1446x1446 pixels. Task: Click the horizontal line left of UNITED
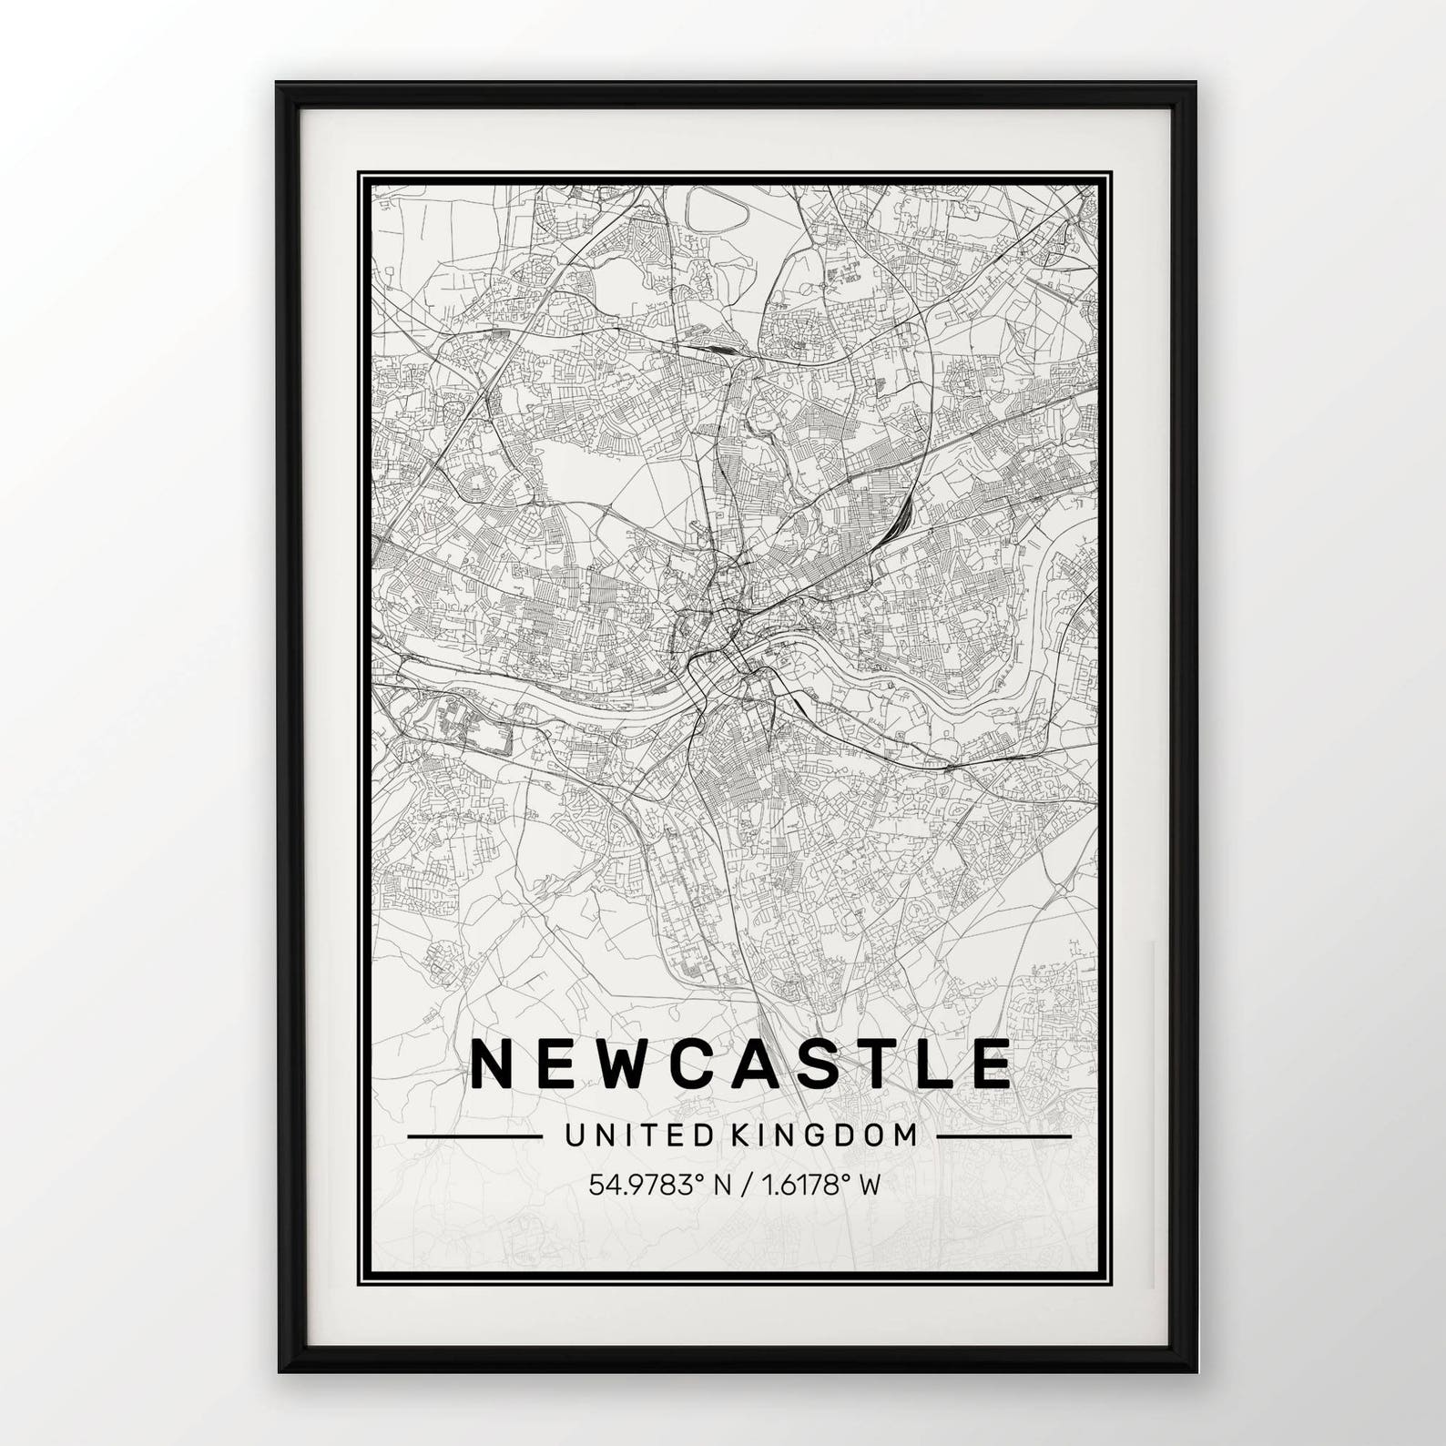pyautogui.click(x=474, y=1136)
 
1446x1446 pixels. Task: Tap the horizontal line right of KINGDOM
pyautogui.click(x=1003, y=1136)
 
